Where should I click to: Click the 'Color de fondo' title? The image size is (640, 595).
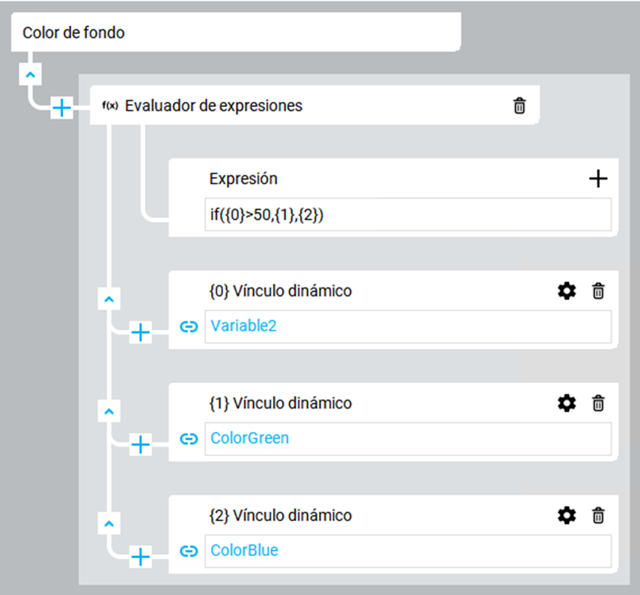73,33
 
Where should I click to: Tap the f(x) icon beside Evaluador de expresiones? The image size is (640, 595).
110,106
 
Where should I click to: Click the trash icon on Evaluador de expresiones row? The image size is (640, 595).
519,106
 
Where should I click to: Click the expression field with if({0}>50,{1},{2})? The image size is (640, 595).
408,215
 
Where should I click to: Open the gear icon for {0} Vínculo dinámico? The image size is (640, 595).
567,291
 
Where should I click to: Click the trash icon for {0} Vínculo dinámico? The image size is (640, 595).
598,291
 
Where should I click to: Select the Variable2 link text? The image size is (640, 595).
243,326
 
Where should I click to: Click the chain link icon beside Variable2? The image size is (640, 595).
189,326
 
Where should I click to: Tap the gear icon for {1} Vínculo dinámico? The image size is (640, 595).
567,403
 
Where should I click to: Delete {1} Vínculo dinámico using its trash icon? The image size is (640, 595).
598,403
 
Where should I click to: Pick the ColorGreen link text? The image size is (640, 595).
249,438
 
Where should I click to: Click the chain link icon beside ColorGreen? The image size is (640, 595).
189,439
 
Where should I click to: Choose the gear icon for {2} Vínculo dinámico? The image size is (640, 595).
567,516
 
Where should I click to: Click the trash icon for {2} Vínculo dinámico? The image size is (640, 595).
598,516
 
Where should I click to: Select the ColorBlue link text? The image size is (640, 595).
244,550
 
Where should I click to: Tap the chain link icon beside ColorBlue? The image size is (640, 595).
189,551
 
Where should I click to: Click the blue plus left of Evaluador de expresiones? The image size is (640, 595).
61,108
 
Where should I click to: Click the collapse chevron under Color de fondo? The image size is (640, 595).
30,75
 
